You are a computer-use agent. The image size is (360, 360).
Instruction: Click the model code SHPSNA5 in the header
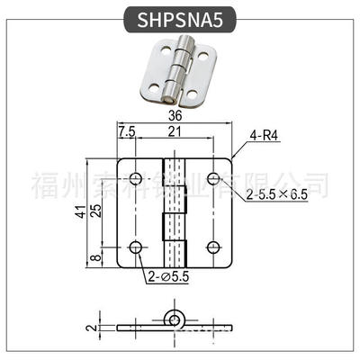tap(179, 20)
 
